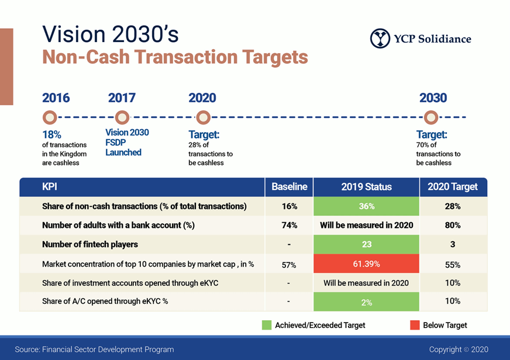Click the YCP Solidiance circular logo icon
click(x=380, y=39)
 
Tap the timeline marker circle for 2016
click(x=50, y=117)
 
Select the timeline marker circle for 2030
click(x=431, y=117)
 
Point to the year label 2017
click(x=122, y=98)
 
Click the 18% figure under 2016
click(x=51, y=134)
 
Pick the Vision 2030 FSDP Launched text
click(x=127, y=143)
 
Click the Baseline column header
click(x=289, y=187)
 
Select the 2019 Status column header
click(x=366, y=187)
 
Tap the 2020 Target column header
click(x=453, y=187)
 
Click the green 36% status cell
click(x=366, y=206)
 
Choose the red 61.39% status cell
click(x=366, y=264)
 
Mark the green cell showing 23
click(x=366, y=244)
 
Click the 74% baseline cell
click(x=290, y=225)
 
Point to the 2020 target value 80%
click(x=453, y=225)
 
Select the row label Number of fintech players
click(x=90, y=244)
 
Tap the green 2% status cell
click(x=366, y=302)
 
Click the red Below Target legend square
click(x=415, y=325)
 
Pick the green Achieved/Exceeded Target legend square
click(x=267, y=325)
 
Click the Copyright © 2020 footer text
click(x=459, y=349)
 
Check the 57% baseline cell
click(x=289, y=265)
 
